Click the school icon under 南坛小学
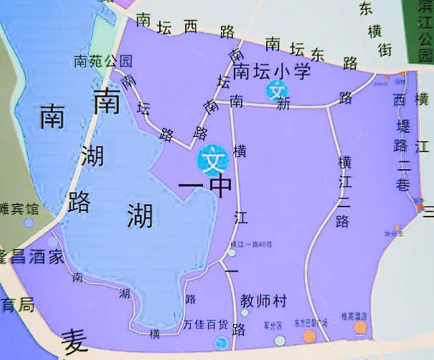tap(277, 91)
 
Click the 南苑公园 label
tap(103, 61)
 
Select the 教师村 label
tap(263, 300)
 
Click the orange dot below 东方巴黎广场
tap(310, 335)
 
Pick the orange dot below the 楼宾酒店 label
tap(360, 328)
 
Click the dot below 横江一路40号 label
tap(231, 252)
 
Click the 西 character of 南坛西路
tap(191, 27)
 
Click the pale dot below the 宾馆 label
tap(28, 223)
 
